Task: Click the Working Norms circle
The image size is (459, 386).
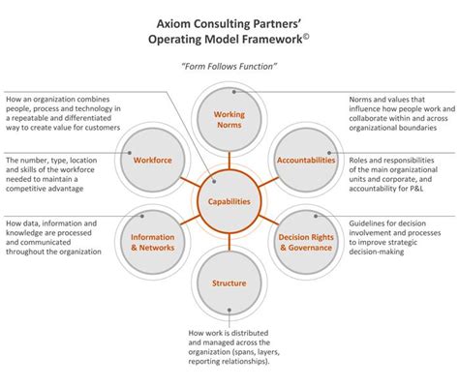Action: pos(229,120)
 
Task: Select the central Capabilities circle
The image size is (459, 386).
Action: pos(229,202)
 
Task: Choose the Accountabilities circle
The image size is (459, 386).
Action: pos(305,161)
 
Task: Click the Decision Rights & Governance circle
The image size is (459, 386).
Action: pos(305,242)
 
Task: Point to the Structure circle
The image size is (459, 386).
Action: pos(229,283)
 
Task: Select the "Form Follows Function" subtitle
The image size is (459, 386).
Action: pos(229,66)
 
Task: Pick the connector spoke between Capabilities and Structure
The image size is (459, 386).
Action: pos(229,243)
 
